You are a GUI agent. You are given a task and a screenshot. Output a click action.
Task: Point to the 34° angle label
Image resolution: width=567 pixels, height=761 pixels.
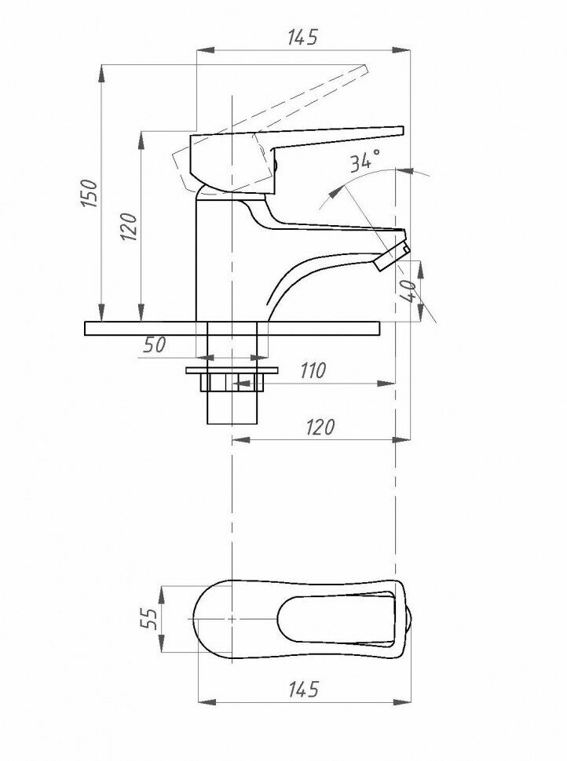click(x=365, y=161)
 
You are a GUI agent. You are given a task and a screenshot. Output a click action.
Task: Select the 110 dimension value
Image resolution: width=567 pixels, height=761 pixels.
click(x=312, y=371)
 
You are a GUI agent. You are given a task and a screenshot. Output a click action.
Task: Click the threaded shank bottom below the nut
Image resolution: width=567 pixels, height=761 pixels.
click(x=232, y=408)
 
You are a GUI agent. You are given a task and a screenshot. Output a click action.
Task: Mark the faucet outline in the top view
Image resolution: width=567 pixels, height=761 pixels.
click(x=298, y=618)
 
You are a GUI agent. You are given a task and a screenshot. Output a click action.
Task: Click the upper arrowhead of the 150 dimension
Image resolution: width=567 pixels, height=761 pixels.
click(x=102, y=71)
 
